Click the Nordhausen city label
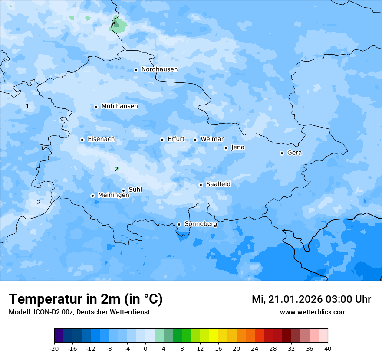click(x=159, y=69)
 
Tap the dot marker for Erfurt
click(x=162, y=140)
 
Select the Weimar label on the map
click(x=212, y=139)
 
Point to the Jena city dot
click(x=226, y=148)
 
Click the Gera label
click(x=294, y=153)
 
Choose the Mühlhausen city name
click(x=119, y=106)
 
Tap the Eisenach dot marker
click(x=82, y=140)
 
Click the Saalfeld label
click(x=218, y=184)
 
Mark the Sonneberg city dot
click(x=179, y=224)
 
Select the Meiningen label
click(x=113, y=195)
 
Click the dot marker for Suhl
click(x=123, y=190)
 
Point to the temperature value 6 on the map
click(x=114, y=24)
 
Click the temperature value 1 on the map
click(x=27, y=106)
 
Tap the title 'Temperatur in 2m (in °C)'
click(x=86, y=299)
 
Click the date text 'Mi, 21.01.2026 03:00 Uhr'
click(x=311, y=299)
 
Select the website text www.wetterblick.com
click(x=313, y=312)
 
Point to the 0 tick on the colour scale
click(x=145, y=348)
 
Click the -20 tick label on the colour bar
click(x=54, y=348)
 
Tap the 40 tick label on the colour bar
click(x=328, y=348)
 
